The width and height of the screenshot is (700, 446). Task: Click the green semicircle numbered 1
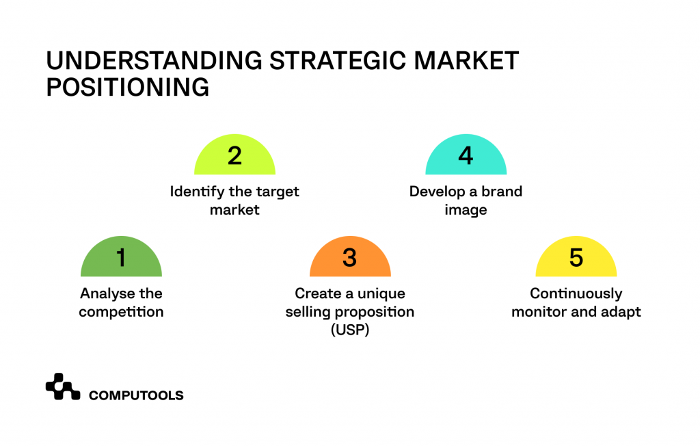pyautogui.click(x=121, y=258)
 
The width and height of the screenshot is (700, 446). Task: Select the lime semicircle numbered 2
pyautogui.click(x=234, y=156)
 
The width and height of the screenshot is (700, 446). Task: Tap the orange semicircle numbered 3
pyautogui.click(x=349, y=258)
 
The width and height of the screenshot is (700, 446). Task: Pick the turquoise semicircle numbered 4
pyautogui.click(x=466, y=156)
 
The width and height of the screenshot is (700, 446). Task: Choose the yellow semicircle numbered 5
pyautogui.click(x=576, y=258)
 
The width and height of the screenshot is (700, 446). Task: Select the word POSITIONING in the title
pyautogui.click(x=127, y=88)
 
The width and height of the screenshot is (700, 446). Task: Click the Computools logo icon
pyautogui.click(x=63, y=387)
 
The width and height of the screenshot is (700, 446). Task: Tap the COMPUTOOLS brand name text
pyautogui.click(x=136, y=395)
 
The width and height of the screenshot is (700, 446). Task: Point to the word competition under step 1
pyautogui.click(x=121, y=312)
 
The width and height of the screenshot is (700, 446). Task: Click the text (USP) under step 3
pyautogui.click(x=349, y=330)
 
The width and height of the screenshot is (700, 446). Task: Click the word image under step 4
pyautogui.click(x=466, y=210)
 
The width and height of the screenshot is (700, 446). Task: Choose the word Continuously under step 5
pyautogui.click(x=576, y=293)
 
